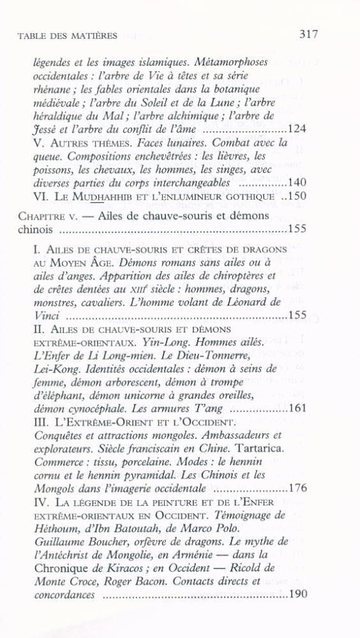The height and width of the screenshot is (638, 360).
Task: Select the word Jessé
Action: [x=43, y=130]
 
